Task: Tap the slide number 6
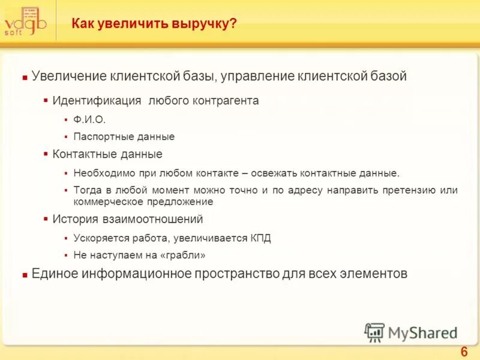pos(463,352)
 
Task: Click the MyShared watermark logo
pos(412,332)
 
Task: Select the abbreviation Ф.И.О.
pos(89,119)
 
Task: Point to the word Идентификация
pos(97,101)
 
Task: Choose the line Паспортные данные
pos(124,137)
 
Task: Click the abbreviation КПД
pos(260,238)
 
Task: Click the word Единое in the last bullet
pos(55,274)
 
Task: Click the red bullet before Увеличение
pos(25,78)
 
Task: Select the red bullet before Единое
pos(25,275)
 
